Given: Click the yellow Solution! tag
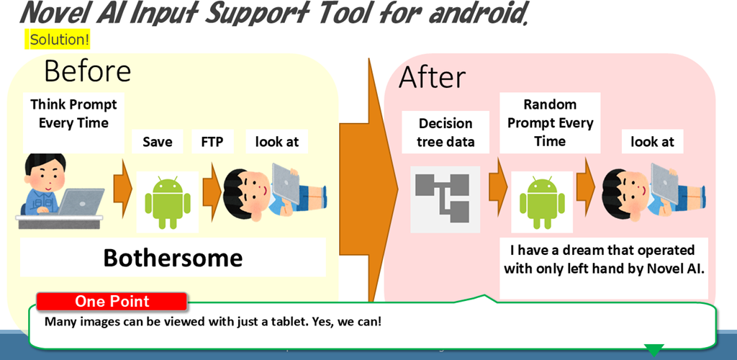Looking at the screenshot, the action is pos(58,40).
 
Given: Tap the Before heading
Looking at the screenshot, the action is pos(87,71).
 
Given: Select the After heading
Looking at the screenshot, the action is pos(432,78).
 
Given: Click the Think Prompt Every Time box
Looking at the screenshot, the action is pos(74,122).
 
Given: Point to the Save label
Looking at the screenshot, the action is pos(158,141).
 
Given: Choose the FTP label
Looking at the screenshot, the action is pos(212,141).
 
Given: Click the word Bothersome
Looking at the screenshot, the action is pos(173,258).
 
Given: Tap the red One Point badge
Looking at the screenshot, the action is pos(112,301).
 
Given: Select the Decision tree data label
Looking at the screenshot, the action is pos(445,132).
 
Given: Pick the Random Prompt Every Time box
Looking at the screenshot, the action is pos(550,122).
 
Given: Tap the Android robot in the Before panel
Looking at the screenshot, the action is pos(167,202).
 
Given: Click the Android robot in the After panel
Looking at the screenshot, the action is pos(542,202).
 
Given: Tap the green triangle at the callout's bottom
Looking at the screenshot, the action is pos(654,350).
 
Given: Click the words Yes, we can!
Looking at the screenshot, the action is pos(348,323).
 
